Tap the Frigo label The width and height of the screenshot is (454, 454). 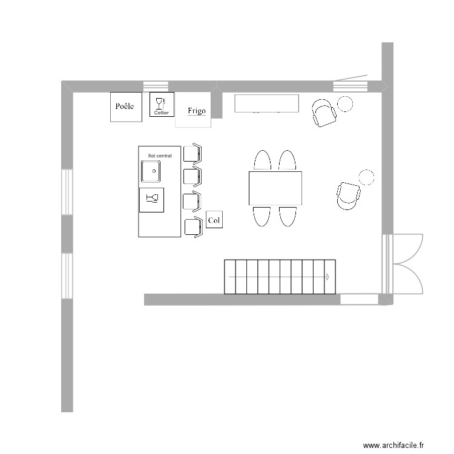[x=196, y=111]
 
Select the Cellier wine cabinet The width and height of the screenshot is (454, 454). [x=162, y=104]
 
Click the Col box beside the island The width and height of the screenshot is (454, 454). [x=214, y=220]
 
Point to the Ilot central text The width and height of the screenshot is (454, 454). [x=160, y=156]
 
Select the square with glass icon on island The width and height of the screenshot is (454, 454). [x=151, y=199]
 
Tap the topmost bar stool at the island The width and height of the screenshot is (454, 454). [x=192, y=153]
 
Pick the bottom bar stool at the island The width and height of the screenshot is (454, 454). [x=192, y=227]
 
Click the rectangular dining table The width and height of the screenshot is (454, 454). [x=275, y=188]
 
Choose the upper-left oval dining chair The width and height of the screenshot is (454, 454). [x=262, y=161]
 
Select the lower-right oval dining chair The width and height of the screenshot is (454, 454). [x=288, y=216]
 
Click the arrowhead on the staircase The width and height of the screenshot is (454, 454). [x=327, y=277]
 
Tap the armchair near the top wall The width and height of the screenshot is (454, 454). [x=324, y=113]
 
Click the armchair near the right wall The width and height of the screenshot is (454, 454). [x=348, y=196]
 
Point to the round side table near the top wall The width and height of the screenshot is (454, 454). [x=346, y=104]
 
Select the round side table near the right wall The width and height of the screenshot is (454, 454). [x=367, y=177]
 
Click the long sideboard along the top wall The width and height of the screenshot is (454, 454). [x=267, y=104]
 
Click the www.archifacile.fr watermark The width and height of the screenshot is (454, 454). [x=394, y=445]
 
